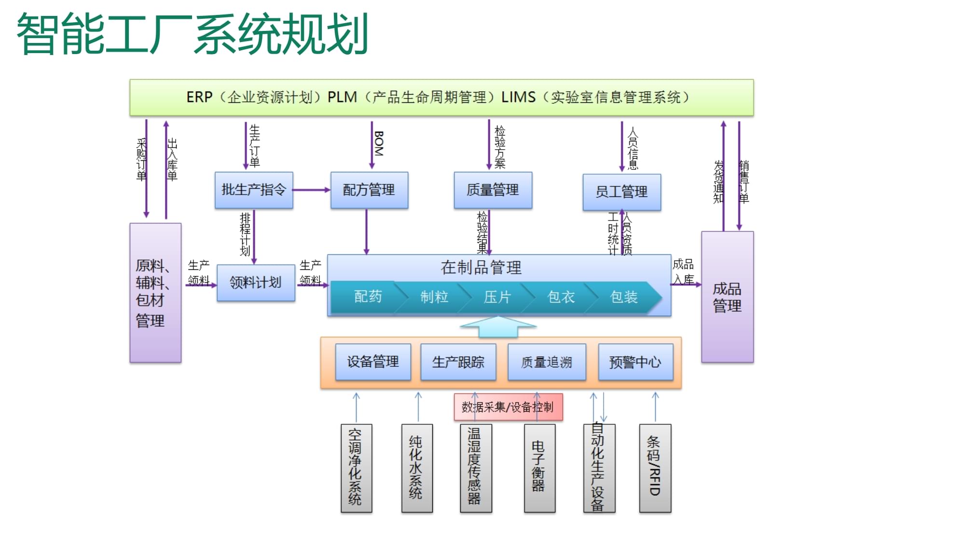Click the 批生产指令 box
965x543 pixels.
click(x=254, y=190)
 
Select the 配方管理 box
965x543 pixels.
click(x=369, y=190)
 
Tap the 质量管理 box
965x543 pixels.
click(x=493, y=190)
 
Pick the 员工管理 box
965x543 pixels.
click(x=621, y=192)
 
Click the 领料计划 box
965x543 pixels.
click(x=256, y=283)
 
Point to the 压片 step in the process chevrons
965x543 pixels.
click(x=497, y=297)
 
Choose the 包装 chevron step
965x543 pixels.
click(x=624, y=297)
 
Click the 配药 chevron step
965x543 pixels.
click(x=368, y=297)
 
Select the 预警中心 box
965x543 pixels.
click(x=635, y=362)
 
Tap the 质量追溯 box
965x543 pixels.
click(x=547, y=362)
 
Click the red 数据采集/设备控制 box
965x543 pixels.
click(x=508, y=407)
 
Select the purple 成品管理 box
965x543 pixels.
click(x=727, y=297)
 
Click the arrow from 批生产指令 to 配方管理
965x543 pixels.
click(x=311, y=190)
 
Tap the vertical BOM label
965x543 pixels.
click(x=379, y=143)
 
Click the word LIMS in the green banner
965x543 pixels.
click(x=518, y=97)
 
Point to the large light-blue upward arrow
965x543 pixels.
click(x=498, y=327)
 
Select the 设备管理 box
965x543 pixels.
click(x=373, y=362)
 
